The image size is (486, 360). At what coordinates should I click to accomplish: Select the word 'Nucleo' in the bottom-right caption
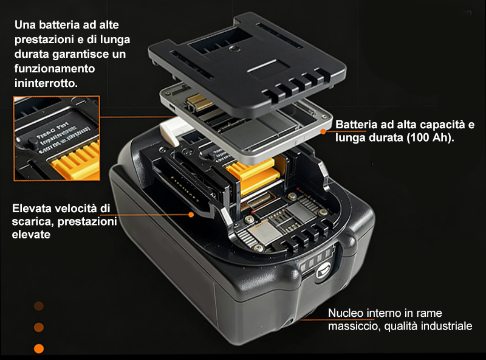point(344,313)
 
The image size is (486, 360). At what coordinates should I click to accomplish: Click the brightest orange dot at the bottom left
point(39,349)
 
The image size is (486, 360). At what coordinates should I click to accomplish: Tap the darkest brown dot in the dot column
point(39,306)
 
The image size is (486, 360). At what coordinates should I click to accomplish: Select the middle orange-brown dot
point(39,327)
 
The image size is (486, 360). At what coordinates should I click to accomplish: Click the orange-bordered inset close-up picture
point(56,138)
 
